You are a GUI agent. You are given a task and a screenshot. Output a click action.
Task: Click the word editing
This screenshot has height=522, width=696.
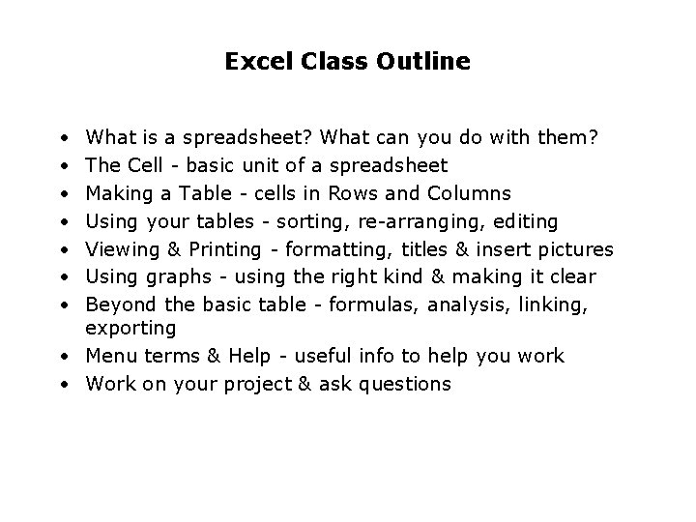(x=524, y=222)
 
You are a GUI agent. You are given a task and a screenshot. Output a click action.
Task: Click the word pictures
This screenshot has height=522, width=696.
(x=577, y=249)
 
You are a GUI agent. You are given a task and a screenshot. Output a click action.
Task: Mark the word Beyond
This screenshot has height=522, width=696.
(x=118, y=305)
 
